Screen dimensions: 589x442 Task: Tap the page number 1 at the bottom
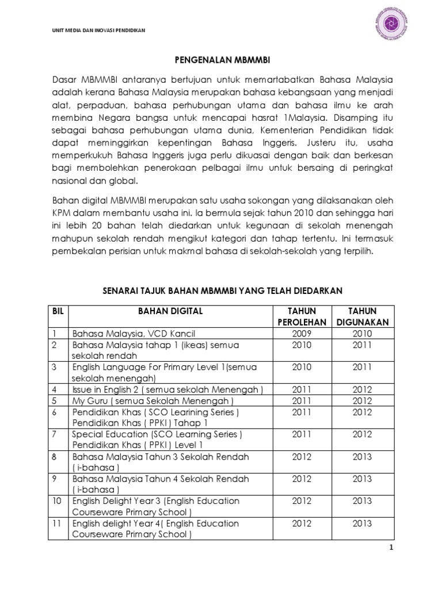[391, 548]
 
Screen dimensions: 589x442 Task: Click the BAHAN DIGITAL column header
[170, 311]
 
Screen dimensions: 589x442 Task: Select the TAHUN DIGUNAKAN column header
[362, 316]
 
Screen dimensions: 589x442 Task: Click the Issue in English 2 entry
[167, 390]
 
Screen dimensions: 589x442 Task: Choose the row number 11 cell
[56, 523]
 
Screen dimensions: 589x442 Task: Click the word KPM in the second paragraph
[62, 212]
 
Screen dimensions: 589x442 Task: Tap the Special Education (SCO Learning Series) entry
[157, 434]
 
